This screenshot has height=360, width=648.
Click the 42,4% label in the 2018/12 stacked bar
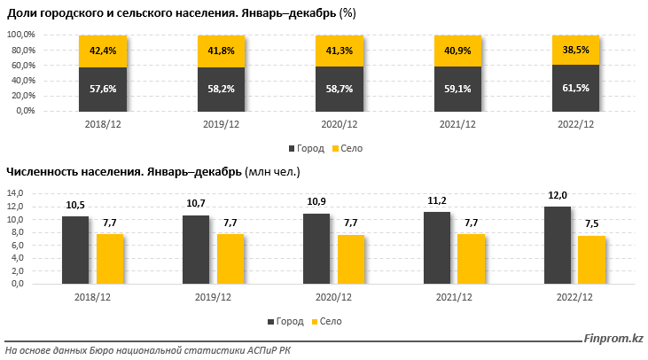[102, 51]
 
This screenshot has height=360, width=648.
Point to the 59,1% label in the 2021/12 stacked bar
[457, 89]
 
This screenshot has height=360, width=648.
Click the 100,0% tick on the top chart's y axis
[20, 35]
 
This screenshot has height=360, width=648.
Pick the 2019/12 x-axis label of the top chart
[220, 126]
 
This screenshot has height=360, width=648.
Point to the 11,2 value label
[437, 200]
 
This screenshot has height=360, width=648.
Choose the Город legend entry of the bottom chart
[285, 321]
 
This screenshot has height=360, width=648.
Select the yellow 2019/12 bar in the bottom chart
[230, 258]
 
